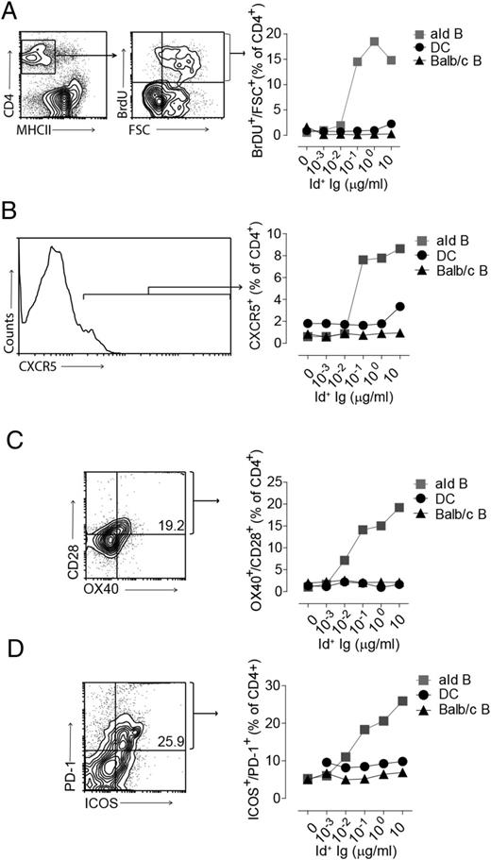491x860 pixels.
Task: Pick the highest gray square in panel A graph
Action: pos(374,42)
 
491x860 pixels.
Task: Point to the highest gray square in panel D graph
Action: pos(403,700)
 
